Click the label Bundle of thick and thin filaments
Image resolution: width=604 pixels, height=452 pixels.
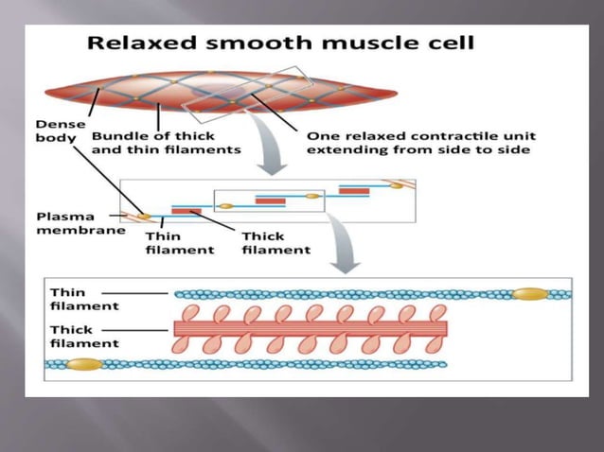(x=167, y=142)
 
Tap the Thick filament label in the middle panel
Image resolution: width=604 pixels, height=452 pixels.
(x=275, y=242)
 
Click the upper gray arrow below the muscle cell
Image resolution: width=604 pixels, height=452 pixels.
(x=274, y=158)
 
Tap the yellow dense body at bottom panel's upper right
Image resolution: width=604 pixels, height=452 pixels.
(x=529, y=294)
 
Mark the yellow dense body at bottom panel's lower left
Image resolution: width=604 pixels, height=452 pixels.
(x=83, y=364)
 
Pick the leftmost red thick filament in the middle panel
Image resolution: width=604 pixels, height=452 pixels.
(x=186, y=210)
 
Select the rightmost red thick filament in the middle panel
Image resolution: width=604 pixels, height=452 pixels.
(x=354, y=191)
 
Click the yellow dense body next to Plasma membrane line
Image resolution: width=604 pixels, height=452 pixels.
(x=144, y=217)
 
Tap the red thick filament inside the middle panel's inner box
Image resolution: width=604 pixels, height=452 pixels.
(x=270, y=200)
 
